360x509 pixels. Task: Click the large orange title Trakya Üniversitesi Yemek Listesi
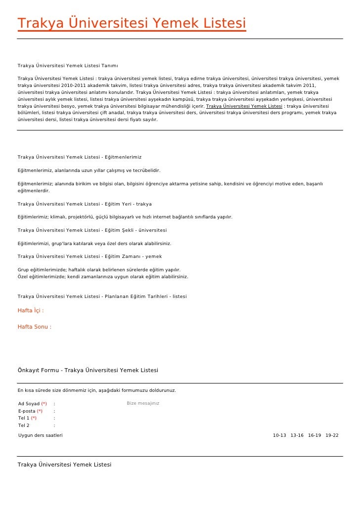tap(132, 23)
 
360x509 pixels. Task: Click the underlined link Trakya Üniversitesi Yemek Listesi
tap(244, 106)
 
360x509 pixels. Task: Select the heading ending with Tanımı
tap(68, 66)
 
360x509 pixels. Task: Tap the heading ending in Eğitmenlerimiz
tap(80, 157)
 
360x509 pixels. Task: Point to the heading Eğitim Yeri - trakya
tap(85, 204)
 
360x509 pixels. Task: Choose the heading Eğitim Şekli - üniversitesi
tap(92, 230)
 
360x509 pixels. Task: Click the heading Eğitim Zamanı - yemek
tap(90, 256)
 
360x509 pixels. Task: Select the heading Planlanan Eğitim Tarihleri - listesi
tap(102, 297)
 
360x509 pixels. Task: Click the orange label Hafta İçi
tap(31, 311)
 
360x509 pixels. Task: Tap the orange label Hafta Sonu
tap(34, 327)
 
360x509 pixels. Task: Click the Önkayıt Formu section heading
tap(88, 370)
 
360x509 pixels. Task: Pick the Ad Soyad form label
tap(29, 404)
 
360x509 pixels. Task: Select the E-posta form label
tap(27, 411)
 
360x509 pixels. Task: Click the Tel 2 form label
tap(24, 425)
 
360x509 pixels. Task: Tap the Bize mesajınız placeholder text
tap(143, 404)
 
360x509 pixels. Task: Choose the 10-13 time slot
tap(279, 435)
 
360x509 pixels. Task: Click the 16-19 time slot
tap(314, 435)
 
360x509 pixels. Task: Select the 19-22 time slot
tap(332, 435)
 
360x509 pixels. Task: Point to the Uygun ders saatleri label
tap(41, 435)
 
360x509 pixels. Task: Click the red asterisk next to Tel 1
tap(34, 418)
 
